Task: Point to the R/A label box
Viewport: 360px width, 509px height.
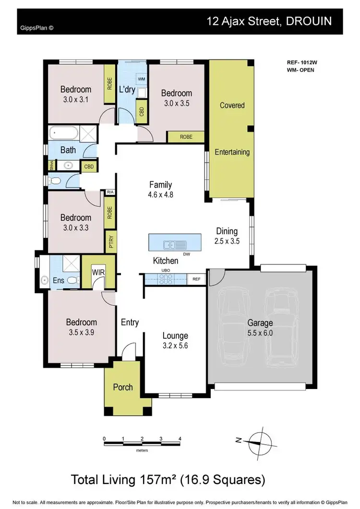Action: coord(110,192)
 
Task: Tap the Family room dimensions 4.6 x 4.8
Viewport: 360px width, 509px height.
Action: coord(161,195)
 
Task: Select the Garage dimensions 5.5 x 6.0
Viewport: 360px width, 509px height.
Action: coord(261,333)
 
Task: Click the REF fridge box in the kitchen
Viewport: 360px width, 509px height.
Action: coord(196,278)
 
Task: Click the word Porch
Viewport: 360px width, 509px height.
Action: coord(122,387)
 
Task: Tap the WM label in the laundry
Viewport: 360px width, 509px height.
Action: coord(142,78)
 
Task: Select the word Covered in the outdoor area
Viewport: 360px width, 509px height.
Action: coord(232,105)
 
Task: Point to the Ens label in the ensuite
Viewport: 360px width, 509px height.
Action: coord(58,280)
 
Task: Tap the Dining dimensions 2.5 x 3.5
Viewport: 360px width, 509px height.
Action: coord(227,241)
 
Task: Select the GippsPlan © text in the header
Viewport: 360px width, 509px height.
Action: coord(37,28)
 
